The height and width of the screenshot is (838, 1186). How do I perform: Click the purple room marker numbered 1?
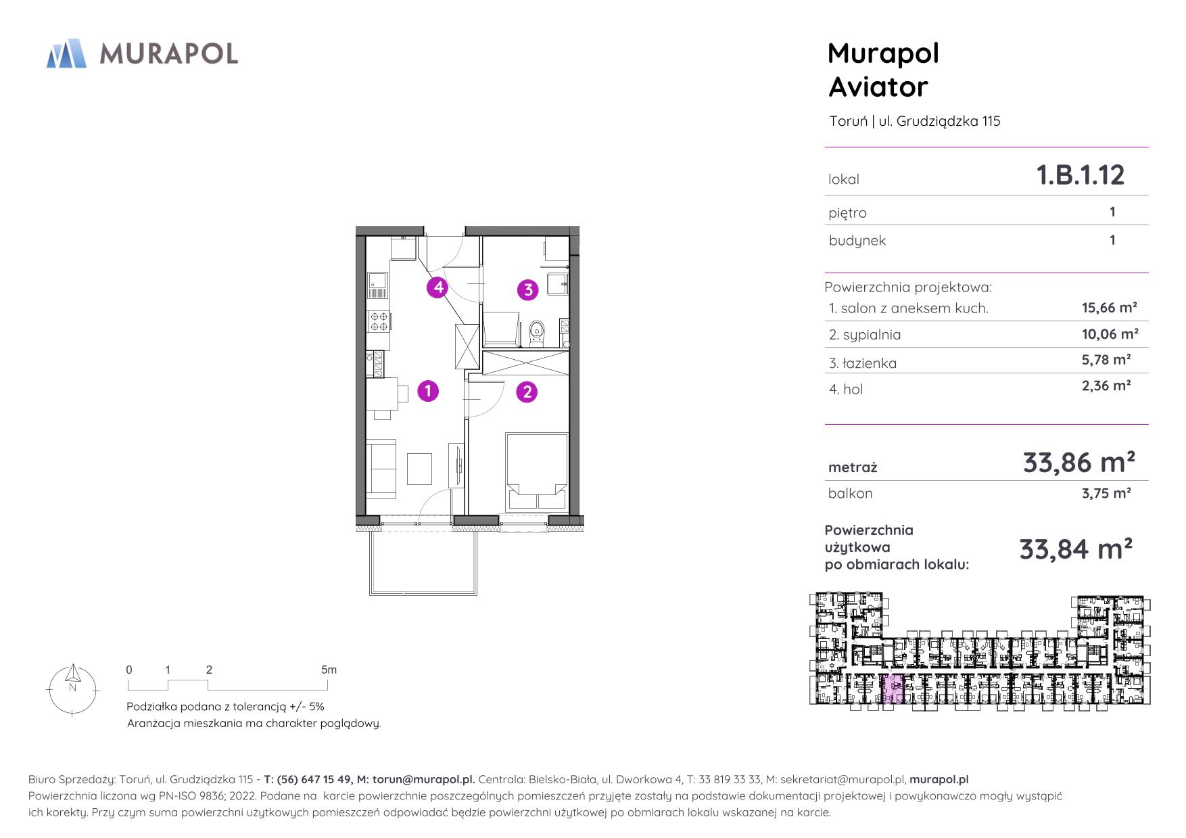point(428,391)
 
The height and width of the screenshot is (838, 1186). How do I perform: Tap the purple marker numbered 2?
point(527,392)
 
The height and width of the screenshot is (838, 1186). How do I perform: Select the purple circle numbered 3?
point(527,290)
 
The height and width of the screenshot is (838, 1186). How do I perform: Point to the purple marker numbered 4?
point(438,287)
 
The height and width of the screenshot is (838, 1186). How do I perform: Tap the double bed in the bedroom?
point(536,471)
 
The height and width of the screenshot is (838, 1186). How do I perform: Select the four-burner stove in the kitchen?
point(379,321)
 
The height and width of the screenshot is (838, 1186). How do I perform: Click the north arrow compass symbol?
point(72,689)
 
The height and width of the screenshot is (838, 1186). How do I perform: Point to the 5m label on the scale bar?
point(329,670)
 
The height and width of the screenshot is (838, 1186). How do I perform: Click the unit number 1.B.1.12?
point(1081,175)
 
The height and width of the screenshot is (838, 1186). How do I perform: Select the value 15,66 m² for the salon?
point(1110,308)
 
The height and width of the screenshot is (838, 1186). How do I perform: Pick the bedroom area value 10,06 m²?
point(1110,334)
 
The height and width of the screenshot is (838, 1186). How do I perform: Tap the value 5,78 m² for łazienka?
point(1106,360)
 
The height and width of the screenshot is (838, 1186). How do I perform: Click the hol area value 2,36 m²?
point(1106,386)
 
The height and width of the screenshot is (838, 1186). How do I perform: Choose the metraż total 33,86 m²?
point(1078,463)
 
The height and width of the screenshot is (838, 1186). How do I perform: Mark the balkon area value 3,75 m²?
point(1106,493)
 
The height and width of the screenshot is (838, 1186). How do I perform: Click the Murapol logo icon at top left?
point(66,53)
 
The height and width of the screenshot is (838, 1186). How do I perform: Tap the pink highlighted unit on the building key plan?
point(893,689)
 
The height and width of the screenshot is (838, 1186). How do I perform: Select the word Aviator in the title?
point(878,87)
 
